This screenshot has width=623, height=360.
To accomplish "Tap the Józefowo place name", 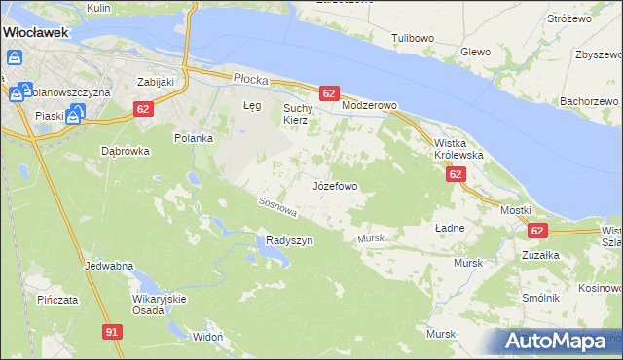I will coord(335,185).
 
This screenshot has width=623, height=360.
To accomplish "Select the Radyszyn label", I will coord(289,241).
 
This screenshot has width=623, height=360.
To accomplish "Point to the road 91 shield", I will coord(112,332).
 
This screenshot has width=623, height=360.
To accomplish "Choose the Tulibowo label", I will coord(412,38).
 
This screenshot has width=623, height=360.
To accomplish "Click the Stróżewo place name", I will coord(569,18).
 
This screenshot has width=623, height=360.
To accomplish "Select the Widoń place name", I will coord(208,336).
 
